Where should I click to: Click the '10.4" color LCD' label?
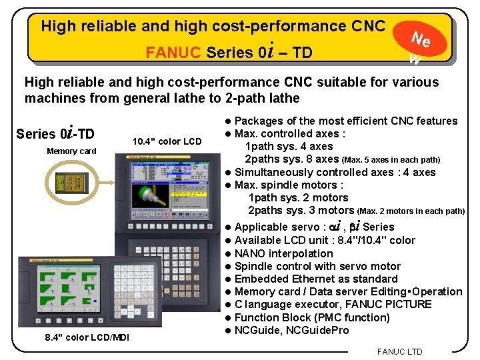[167, 141]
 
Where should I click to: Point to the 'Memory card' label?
[71, 151]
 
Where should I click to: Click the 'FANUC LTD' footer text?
[399, 351]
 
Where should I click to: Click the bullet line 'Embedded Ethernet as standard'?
[316, 279]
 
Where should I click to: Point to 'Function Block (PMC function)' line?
[312, 317]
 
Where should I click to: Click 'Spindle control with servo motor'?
[317, 266]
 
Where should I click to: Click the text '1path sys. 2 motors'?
[298, 197]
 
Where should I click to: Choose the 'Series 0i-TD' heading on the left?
[55, 133]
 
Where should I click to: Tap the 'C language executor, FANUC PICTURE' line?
[333, 304]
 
